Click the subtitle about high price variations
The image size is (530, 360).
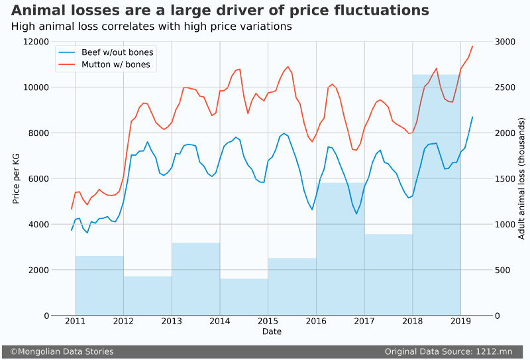pyautogui.click(x=152, y=27)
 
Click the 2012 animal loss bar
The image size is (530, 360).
pyautogui.click(x=147, y=296)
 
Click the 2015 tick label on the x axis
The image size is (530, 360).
pyautogui.click(x=268, y=322)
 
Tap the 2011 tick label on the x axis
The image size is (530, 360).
pyautogui.click(x=75, y=322)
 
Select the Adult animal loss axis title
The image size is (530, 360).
pyautogui.click(x=521, y=178)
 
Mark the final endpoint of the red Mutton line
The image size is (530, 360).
pyautogui.click(x=472, y=46)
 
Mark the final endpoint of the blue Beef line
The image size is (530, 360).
pyautogui.click(x=472, y=117)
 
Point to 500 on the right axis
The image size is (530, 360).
pyautogui.click(x=502, y=270)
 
